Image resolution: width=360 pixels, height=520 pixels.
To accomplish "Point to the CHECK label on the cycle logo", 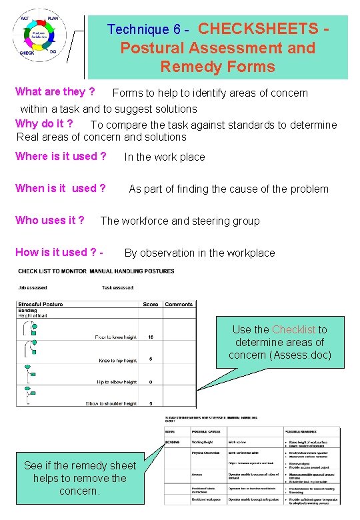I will point(27,53).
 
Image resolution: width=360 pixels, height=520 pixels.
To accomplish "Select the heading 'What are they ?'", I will point(55,91).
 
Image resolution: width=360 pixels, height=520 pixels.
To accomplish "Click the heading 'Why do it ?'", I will point(44,123).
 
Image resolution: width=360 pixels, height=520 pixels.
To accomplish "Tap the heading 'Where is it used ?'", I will point(61,157).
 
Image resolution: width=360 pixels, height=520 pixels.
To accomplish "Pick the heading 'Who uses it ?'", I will point(49,221).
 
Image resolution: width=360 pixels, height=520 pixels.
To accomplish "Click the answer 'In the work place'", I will point(165,157).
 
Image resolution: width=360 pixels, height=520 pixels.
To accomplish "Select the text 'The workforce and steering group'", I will point(180,221).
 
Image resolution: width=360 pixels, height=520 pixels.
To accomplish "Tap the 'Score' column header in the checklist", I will point(151,304).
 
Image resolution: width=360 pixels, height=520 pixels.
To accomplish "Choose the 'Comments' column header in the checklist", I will point(179,304).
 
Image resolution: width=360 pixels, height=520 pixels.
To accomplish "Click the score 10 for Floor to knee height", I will point(151,337).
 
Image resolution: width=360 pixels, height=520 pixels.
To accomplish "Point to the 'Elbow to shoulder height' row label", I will point(111,403).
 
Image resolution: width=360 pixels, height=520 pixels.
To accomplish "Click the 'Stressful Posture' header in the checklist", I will point(40,304).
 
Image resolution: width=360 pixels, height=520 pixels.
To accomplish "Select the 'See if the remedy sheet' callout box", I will point(80,478).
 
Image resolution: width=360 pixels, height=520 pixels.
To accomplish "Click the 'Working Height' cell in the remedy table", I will point(203,442).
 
